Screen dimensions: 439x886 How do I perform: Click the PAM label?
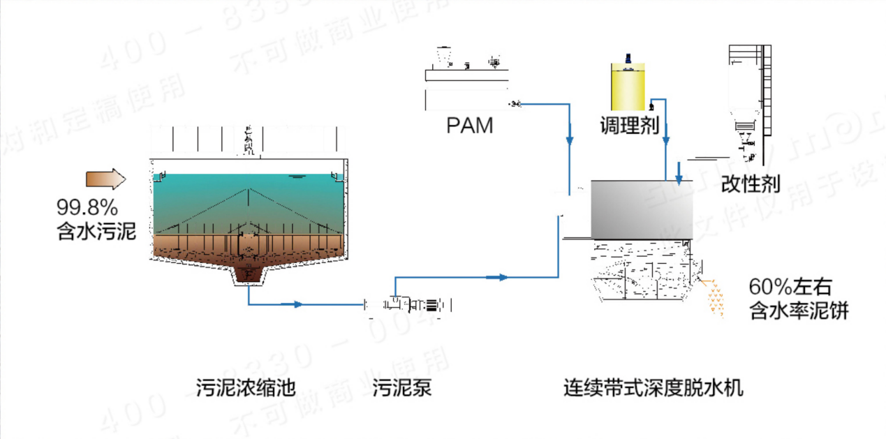469,126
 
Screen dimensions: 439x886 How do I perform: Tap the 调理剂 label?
630,126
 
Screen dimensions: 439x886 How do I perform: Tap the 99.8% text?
87,207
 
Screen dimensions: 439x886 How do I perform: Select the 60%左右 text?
790,287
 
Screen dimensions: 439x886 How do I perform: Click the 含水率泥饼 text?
798,310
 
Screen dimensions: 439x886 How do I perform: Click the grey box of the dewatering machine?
642,208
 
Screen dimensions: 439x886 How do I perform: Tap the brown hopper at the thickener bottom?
248,273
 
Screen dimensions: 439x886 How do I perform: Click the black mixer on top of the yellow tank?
630,62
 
